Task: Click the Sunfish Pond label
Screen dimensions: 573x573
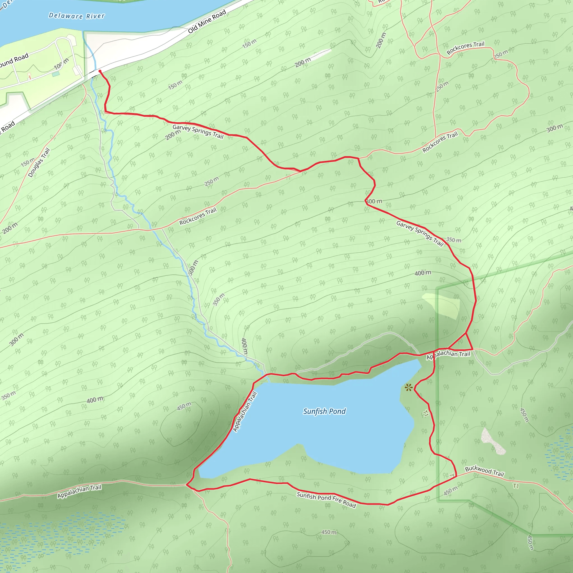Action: pos(324,411)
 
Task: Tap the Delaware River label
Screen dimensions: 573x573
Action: pos(76,16)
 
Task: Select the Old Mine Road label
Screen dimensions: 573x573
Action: pos(207,21)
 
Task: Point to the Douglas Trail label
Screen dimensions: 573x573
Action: pos(39,163)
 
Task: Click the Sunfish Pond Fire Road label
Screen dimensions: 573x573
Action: pos(326,500)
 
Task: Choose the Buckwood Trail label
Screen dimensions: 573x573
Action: pos(484,471)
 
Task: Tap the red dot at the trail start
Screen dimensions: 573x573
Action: pos(100,71)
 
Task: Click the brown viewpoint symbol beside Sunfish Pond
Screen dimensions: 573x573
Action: pos(408,387)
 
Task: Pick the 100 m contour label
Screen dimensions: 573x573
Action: pos(61,64)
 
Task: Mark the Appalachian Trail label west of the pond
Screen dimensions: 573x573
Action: pos(245,412)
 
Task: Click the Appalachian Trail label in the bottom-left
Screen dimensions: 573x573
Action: pos(79,491)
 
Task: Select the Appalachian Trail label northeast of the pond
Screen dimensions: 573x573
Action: pos(448,355)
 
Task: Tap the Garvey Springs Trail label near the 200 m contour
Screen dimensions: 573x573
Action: pos(198,131)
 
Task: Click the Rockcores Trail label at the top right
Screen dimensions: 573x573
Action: pos(465,48)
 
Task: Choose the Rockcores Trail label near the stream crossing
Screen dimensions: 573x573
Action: pos(198,216)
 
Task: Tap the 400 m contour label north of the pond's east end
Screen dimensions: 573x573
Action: pos(423,273)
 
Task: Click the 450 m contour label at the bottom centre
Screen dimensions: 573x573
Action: pos(329,532)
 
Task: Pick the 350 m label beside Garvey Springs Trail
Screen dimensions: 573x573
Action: pos(454,240)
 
